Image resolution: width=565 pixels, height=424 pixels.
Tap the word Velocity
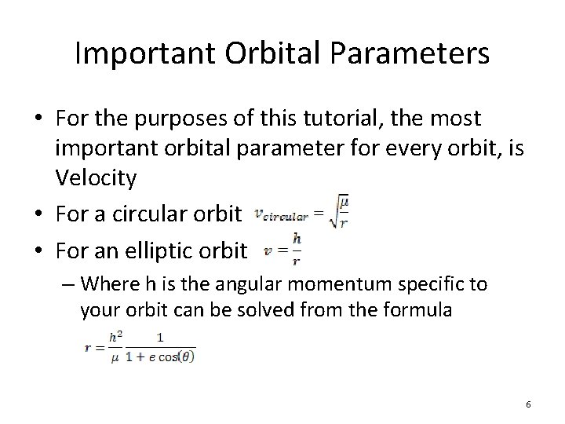(97, 179)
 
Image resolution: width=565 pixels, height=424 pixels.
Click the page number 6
(528, 404)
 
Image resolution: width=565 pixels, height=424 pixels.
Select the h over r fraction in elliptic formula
(296, 250)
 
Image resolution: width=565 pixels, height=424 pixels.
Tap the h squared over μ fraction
(115, 346)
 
